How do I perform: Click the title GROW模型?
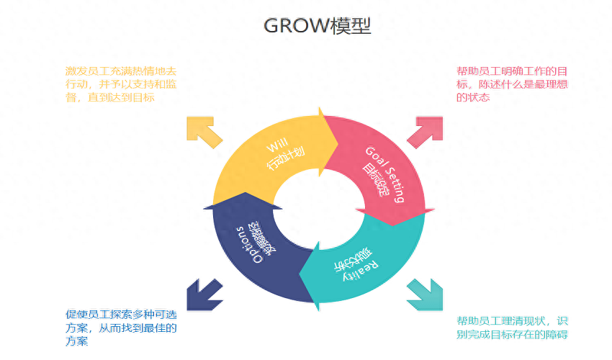click(317, 26)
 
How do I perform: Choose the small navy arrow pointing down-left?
click(204, 294)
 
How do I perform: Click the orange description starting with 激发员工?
click(120, 84)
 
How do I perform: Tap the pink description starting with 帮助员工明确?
click(512, 84)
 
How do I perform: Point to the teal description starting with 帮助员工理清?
click(512, 328)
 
